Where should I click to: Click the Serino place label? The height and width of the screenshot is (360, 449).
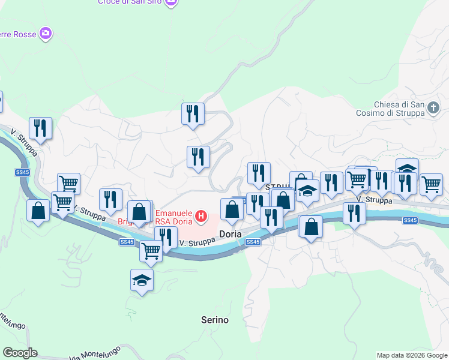pos(215,320)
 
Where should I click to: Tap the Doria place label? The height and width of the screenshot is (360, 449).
pos(231,234)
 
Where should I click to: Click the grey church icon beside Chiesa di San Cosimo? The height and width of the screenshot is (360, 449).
pos(434,107)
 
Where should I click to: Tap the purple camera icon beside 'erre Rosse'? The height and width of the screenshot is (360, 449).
pos(45,32)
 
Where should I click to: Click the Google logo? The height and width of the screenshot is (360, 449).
pos(20,353)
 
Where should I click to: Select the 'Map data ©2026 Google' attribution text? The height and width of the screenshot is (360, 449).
pos(412,355)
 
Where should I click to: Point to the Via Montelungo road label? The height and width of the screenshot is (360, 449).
pos(96,353)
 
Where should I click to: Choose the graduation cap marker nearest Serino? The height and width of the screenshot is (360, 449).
pos(142,280)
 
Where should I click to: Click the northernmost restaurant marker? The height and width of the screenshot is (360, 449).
pos(193,113)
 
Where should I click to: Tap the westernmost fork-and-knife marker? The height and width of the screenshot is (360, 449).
pos(40,127)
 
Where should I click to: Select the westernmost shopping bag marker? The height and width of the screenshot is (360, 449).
pos(38,211)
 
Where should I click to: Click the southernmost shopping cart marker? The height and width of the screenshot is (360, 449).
pos(151,251)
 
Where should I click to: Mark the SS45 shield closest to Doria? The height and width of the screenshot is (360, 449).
pos(253,242)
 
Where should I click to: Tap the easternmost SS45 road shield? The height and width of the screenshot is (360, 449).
pos(410,220)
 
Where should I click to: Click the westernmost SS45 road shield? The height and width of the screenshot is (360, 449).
pos(22,173)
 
